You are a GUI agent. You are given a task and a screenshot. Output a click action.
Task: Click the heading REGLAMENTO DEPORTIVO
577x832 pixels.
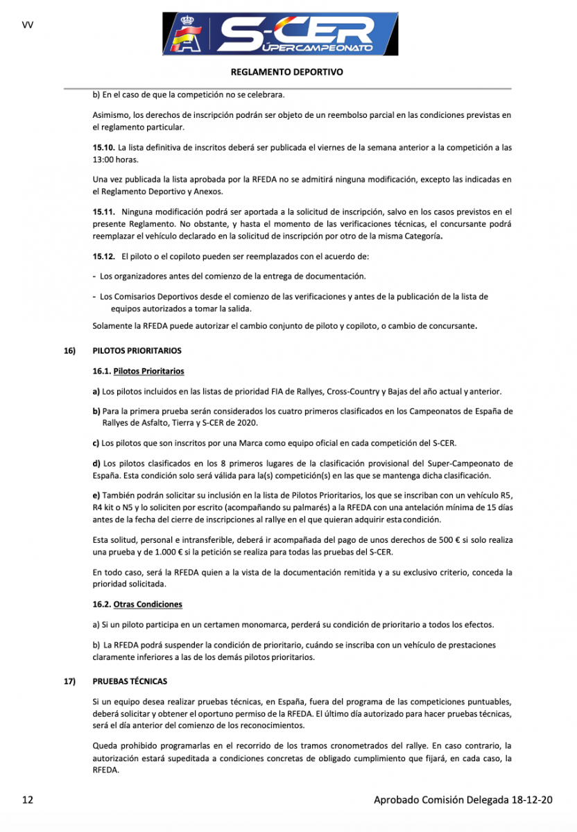286,72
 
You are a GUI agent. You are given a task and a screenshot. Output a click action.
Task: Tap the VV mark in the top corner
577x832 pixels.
28,25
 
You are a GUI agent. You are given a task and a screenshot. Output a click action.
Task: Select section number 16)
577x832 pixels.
69,352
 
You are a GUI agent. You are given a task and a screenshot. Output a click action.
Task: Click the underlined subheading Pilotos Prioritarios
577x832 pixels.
148,372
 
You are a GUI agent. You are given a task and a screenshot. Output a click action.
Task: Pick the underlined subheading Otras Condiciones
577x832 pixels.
148,605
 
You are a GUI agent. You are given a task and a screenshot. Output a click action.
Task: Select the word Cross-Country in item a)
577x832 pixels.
328,392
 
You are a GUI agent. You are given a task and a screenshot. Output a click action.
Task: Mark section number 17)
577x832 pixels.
69,682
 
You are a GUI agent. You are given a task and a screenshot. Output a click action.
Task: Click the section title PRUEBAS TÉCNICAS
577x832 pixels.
130,682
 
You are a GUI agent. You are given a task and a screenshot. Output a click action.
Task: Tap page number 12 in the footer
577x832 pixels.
28,800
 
